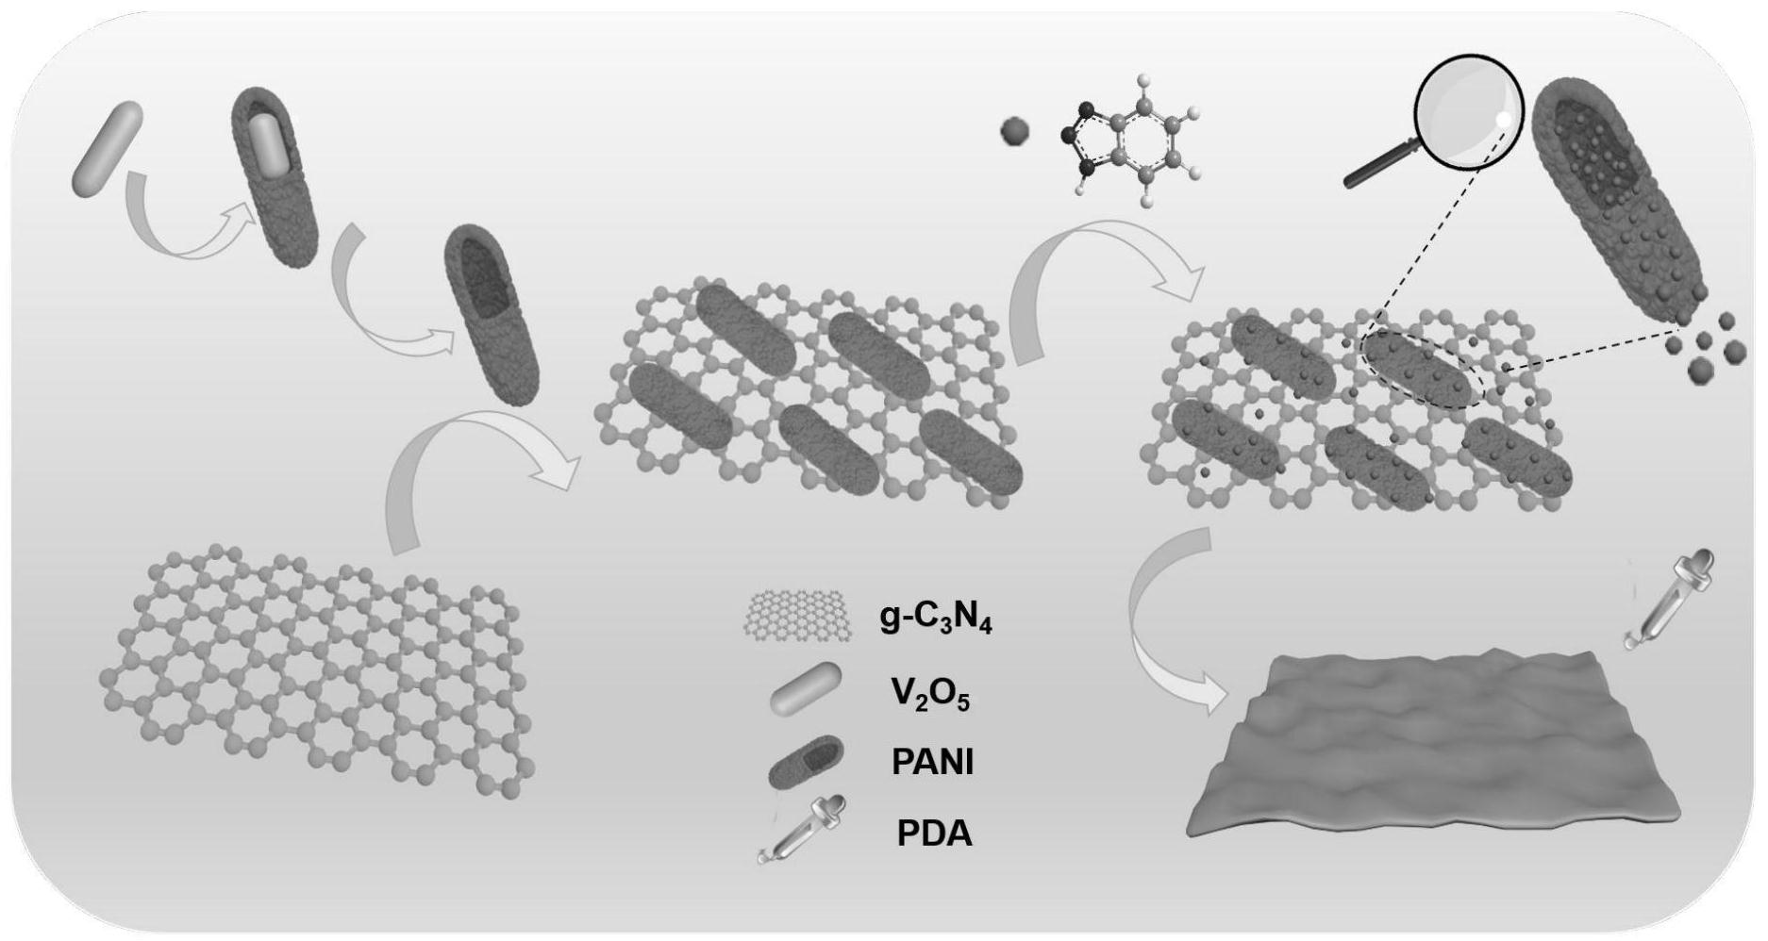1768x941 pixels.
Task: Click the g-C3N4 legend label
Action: click(x=935, y=619)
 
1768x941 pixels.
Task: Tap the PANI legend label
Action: click(x=932, y=762)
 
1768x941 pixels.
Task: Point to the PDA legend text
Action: click(x=934, y=834)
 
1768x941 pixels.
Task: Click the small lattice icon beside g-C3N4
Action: click(x=798, y=617)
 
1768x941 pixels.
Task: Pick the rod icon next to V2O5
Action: click(x=806, y=691)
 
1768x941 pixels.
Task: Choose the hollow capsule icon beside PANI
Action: click(x=807, y=761)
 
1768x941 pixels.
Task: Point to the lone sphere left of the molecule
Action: click(x=1015, y=131)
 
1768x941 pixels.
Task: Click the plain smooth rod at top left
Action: click(x=108, y=149)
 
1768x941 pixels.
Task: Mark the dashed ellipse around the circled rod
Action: click(x=1421, y=368)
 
